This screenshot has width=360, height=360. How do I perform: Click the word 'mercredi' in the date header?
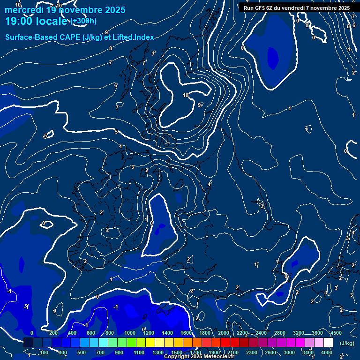(22, 10)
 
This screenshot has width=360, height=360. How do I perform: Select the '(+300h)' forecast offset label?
(84, 21)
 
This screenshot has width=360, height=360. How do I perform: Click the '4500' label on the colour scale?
(336, 333)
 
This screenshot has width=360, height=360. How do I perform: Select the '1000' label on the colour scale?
(130, 333)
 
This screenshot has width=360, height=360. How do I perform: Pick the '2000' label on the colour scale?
(224, 333)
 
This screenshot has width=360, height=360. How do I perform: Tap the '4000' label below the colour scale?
(327, 352)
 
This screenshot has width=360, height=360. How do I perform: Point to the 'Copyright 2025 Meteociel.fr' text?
(199, 357)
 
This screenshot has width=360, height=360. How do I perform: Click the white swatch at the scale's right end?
(328, 343)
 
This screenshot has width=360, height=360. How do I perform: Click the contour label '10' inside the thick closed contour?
(186, 95)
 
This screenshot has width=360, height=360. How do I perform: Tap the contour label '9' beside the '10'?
(199, 105)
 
